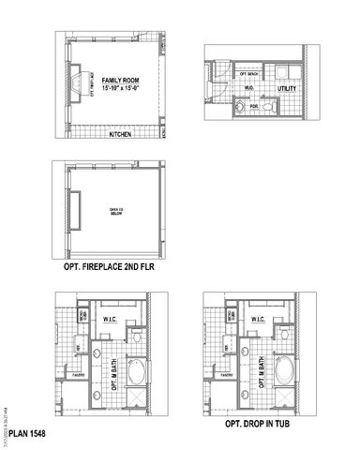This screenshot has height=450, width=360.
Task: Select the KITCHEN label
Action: pyautogui.click(x=119, y=134)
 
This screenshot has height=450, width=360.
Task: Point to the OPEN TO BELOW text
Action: pyautogui.click(x=118, y=212)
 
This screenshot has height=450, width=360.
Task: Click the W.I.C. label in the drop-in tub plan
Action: pyautogui.click(x=255, y=321)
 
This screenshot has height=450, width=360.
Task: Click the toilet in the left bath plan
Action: pyautogui.click(x=137, y=335)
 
